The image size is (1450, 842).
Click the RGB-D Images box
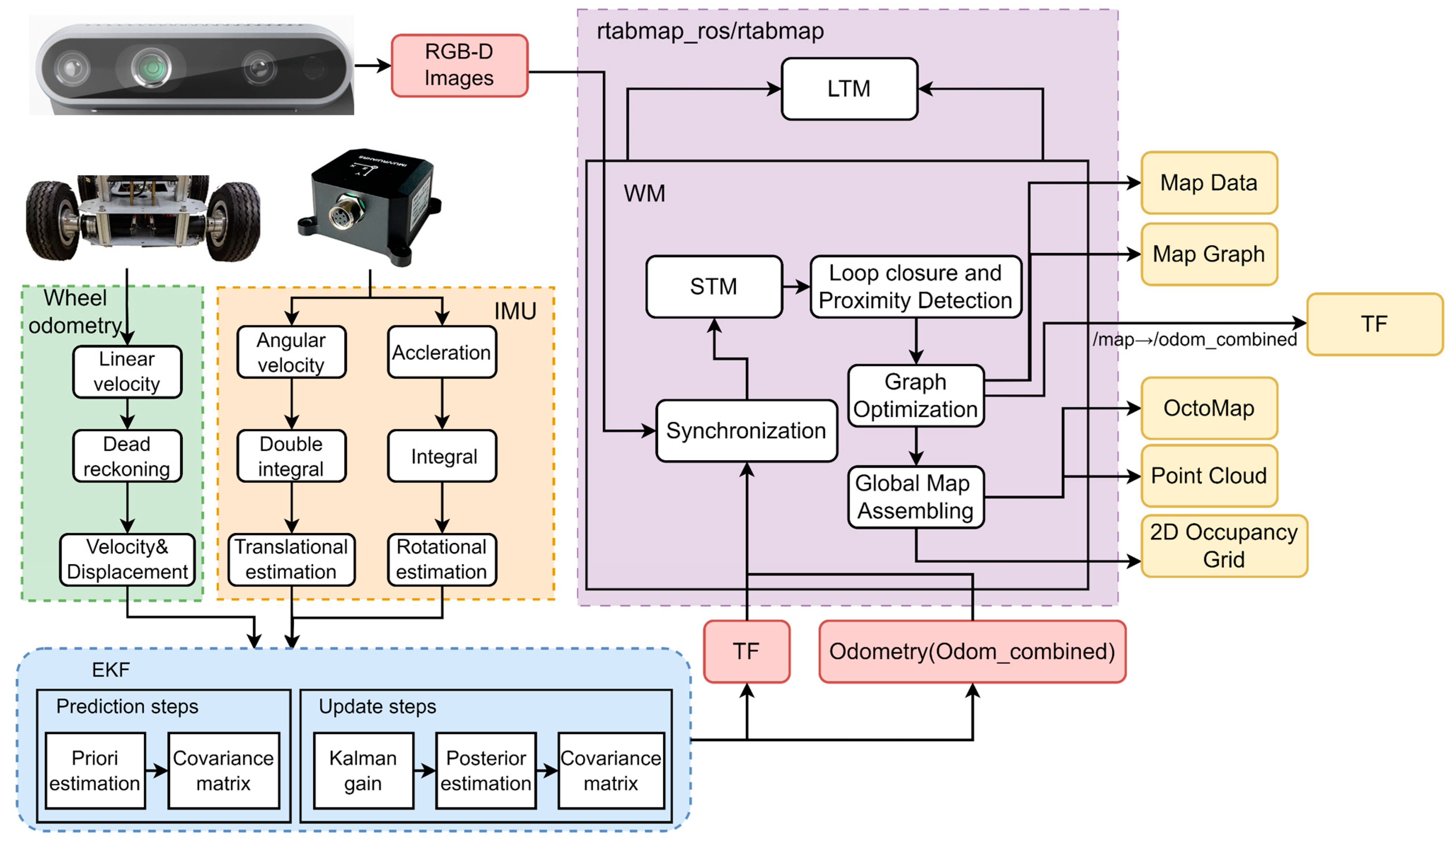tap(459, 65)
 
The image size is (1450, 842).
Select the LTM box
tap(849, 88)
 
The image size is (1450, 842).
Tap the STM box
tap(713, 286)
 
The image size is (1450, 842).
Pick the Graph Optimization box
tap(915, 396)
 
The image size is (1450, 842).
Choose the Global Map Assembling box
tap(915, 497)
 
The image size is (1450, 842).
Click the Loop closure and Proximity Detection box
tap(915, 286)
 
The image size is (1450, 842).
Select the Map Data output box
tap(1209, 183)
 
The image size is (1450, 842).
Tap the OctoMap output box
tap(1209, 408)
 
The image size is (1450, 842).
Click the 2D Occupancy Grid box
tap(1224, 546)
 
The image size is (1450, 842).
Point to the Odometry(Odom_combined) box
tap(972, 652)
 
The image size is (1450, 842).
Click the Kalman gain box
tap(363, 771)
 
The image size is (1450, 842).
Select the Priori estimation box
tap(95, 771)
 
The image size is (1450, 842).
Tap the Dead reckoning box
tap(127, 456)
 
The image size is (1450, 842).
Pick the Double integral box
tap(291, 456)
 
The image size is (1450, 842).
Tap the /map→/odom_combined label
tap(1195, 340)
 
